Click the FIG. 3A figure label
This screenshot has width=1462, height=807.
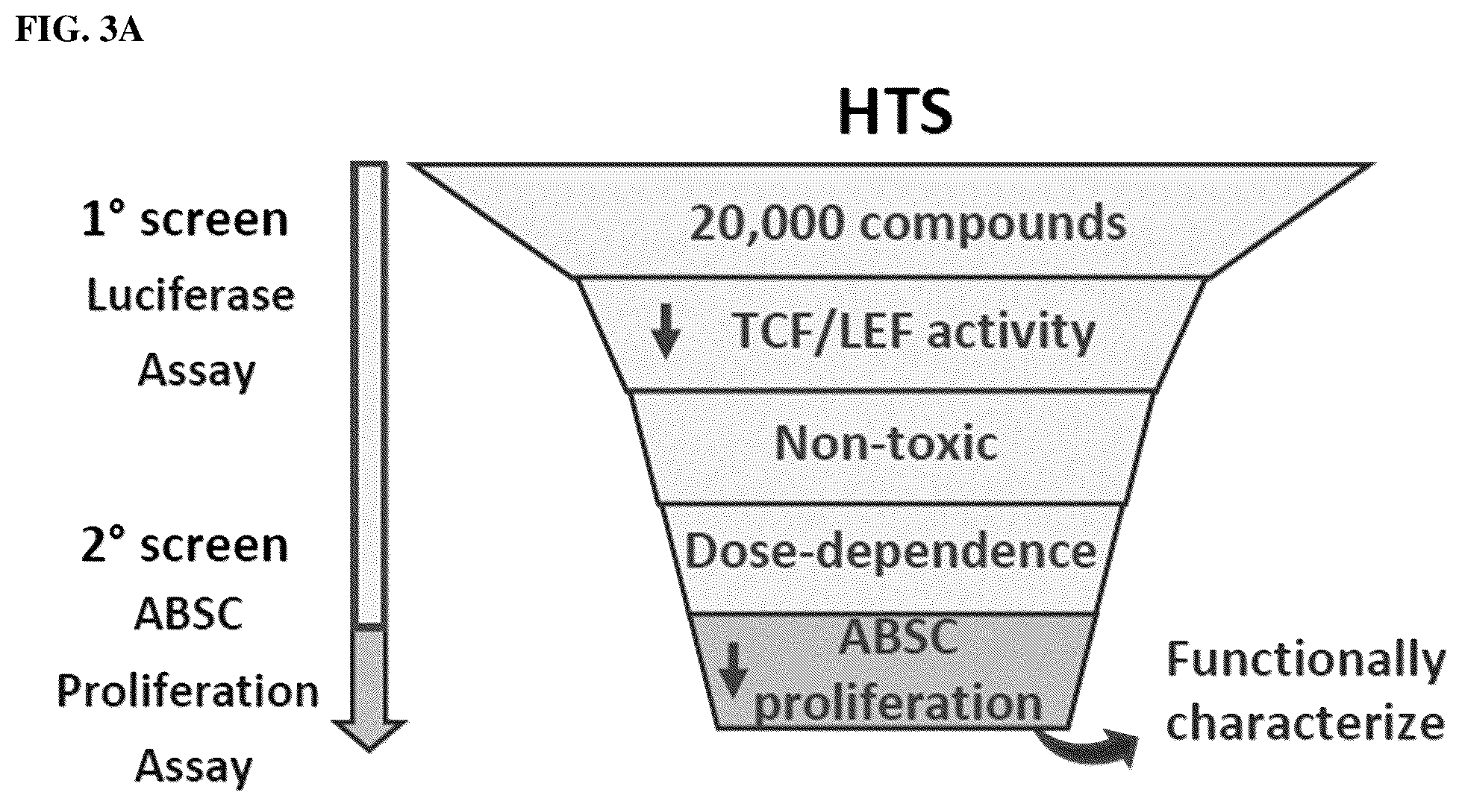tap(79, 32)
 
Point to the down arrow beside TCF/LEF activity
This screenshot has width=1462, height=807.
tap(665, 333)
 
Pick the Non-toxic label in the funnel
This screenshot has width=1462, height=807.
tap(886, 443)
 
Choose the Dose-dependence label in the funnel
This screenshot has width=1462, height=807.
tap(891, 551)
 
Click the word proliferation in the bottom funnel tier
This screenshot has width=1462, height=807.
tap(898, 703)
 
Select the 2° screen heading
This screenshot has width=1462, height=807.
tap(184, 544)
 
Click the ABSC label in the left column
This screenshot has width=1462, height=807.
tap(188, 615)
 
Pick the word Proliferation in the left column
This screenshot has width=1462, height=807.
tap(188, 691)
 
